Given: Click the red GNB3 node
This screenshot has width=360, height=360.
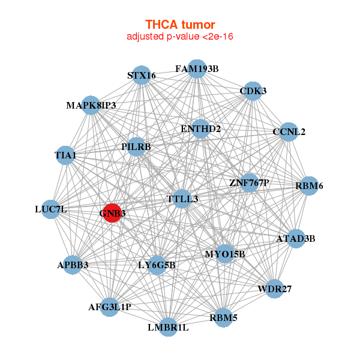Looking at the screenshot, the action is coord(112,212).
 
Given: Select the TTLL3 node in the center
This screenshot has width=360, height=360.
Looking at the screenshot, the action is coord(182,199).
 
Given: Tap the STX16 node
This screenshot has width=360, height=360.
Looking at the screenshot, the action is coord(142,76).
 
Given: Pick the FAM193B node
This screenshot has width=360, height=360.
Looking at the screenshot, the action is coord(197,69).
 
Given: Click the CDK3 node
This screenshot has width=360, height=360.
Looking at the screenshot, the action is coord(253,91).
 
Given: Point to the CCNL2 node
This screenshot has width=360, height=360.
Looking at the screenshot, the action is coord(289,132).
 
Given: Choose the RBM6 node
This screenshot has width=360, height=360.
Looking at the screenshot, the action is coord(309,186).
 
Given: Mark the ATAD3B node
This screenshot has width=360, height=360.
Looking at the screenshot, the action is coord(295,239).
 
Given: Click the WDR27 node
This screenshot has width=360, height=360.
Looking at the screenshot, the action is coord(274,289).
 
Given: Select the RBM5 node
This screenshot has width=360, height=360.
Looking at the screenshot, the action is coord(223,317).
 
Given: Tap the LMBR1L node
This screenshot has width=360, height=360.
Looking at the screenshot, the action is coord(168,327).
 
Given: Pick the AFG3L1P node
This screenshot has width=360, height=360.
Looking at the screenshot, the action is coord(110,307).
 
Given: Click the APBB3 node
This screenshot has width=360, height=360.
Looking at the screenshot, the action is coord(73,265).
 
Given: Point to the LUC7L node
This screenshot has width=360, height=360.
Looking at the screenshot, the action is coord(51,209).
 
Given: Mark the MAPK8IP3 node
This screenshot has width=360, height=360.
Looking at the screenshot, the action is coord(91,106).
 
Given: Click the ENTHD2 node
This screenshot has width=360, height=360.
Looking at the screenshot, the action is coord(200,129).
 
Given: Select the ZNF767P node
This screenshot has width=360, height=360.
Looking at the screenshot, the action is coord(250,182).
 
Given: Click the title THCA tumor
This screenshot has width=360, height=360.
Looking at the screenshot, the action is coord(180,25).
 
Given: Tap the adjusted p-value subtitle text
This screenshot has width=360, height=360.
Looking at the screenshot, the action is coord(180,37).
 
